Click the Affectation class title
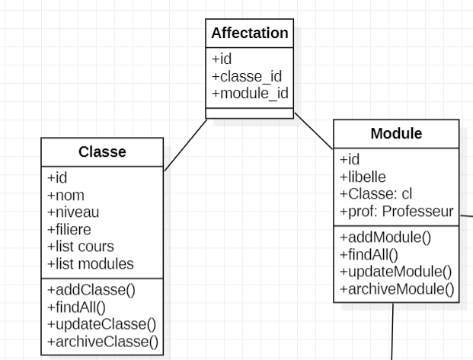tap(250, 33)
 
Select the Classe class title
tap(102, 152)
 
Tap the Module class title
tap(396, 134)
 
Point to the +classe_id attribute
tap(247, 76)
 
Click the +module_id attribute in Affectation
tap(250, 93)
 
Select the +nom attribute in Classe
tap(66, 195)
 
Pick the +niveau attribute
tap(73, 212)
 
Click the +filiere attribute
tap(69, 229)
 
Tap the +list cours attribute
tap(81, 247)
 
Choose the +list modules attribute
tap(91, 264)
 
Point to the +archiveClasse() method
tap(103, 342)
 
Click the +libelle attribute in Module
tap(363, 177)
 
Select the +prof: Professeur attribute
tap(396, 211)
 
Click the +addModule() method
tap(385, 237)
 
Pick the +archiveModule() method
tap(396, 288)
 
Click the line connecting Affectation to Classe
tap(186, 145)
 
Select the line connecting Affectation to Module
tap(314, 130)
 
